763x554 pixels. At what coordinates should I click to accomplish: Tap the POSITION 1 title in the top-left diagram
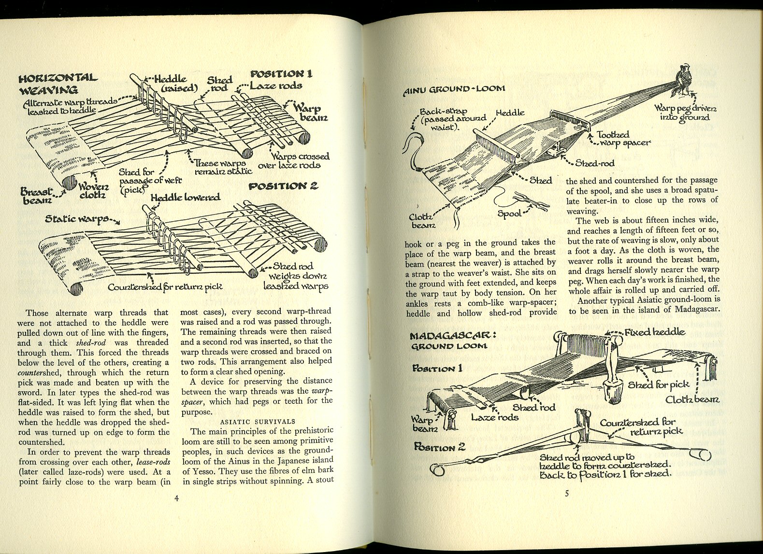pyautogui.click(x=281, y=74)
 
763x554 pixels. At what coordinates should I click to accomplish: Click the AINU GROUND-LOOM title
pyautogui.click(x=454, y=88)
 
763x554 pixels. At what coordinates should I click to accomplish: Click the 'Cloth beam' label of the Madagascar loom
pyautogui.click(x=692, y=399)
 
